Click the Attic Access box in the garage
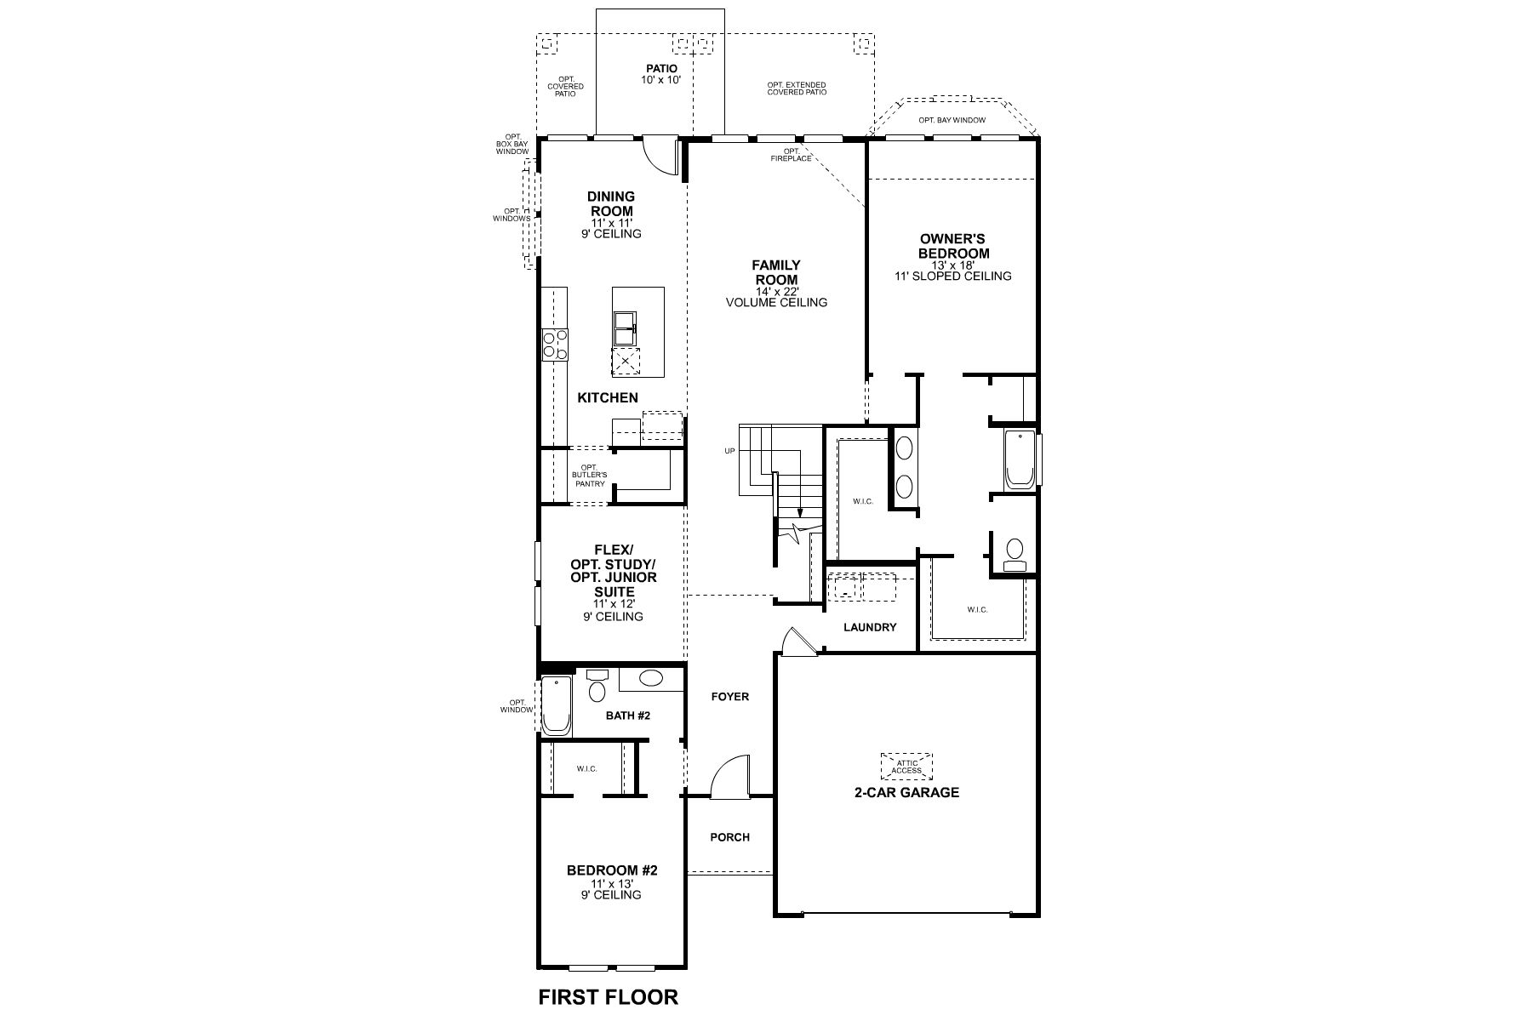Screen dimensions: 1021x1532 tap(906, 767)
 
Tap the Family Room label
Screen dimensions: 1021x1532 tap(775, 272)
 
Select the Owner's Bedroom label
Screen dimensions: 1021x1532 tap(952, 247)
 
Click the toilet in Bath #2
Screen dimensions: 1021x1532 tap(597, 687)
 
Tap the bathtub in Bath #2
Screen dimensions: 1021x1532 tap(557, 706)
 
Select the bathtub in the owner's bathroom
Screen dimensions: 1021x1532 tap(1018, 459)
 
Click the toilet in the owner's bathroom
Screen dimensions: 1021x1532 tap(1014, 554)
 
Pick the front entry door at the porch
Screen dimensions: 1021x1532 tap(729, 779)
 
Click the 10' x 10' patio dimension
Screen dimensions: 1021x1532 tap(661, 80)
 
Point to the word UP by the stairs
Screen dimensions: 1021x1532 tap(729, 451)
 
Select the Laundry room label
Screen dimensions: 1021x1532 tap(870, 628)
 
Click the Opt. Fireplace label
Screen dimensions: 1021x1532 tap(791, 156)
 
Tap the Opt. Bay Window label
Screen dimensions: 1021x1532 tap(952, 121)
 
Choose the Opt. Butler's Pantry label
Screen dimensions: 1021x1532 tap(590, 475)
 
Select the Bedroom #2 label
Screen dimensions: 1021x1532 tap(613, 870)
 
